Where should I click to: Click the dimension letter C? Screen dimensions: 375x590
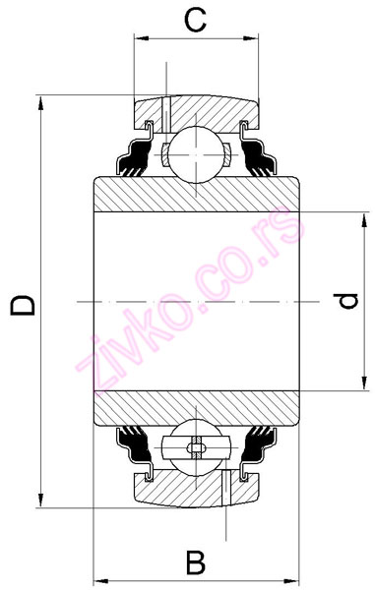pyautogui.click(x=196, y=20)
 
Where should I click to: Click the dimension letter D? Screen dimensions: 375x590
pyautogui.click(x=23, y=305)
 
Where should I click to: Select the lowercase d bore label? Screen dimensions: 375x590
pyautogui.click(x=345, y=301)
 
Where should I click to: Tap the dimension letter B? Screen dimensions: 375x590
pyautogui.click(x=196, y=562)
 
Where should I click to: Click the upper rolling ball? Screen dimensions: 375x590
pyautogui.click(x=196, y=154)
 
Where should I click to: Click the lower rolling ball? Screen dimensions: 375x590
pyautogui.click(x=197, y=447)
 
